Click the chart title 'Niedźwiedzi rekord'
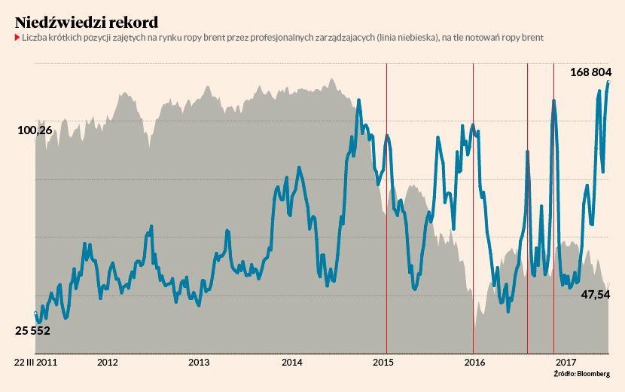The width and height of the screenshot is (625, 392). click(86, 20)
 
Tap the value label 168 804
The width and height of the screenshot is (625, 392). click(590, 72)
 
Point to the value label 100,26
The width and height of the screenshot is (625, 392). click(35, 130)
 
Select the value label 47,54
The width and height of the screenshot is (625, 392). click(595, 295)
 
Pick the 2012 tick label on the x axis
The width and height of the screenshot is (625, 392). click(108, 362)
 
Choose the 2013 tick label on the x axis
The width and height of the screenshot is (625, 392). click(199, 362)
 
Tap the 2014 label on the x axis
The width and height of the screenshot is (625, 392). click(291, 362)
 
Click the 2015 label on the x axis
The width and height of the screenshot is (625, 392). click(384, 362)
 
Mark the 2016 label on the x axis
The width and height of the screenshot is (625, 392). click(474, 362)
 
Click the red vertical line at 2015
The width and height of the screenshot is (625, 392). click(386, 226)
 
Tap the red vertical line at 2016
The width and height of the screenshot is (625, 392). click(473, 226)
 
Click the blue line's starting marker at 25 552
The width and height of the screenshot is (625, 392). click(35, 313)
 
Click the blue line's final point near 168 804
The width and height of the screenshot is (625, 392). click(608, 81)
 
